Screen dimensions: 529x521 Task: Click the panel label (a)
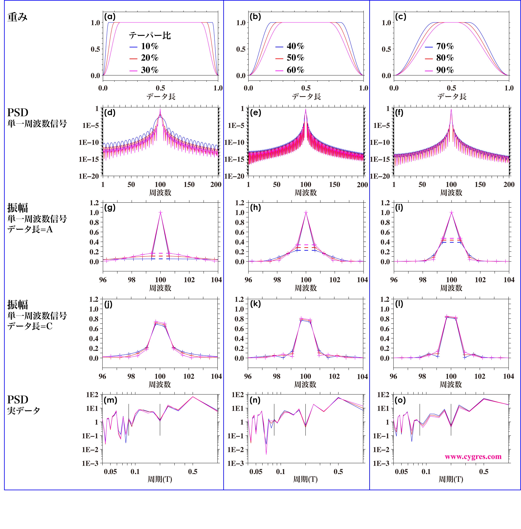[x=110, y=17]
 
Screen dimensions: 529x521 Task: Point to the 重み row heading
[x=17, y=17]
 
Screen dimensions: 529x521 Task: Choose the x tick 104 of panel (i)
[x=509, y=280]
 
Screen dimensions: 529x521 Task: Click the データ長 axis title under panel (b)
[x=306, y=96]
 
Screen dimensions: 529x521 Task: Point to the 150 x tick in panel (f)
[x=480, y=184]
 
